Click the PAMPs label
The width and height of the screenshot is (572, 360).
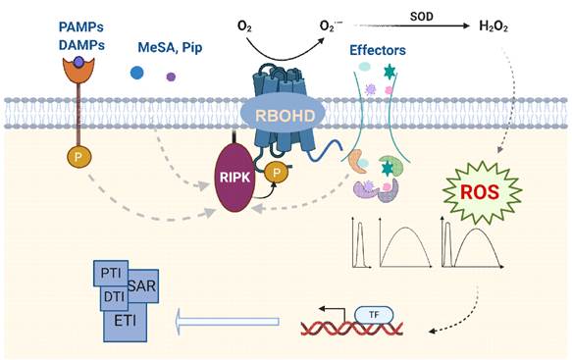pyautogui.click(x=81, y=27)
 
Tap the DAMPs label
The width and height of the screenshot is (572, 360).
pyautogui.click(x=81, y=45)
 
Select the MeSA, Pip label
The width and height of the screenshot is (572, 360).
pyautogui.click(x=170, y=48)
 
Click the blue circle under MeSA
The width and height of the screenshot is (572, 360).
pyautogui.click(x=136, y=73)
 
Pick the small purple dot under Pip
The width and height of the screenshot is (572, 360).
pyautogui.click(x=171, y=77)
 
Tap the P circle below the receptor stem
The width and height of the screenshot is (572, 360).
pyautogui.click(x=78, y=157)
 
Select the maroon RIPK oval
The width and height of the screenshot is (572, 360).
pyautogui.click(x=234, y=178)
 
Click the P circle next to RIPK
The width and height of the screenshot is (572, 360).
pyautogui.click(x=276, y=173)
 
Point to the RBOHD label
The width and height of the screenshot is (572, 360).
pyautogui.click(x=285, y=116)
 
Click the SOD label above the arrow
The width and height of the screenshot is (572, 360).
pyautogui.click(x=421, y=17)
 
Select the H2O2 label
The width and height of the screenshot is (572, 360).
pyautogui.click(x=494, y=26)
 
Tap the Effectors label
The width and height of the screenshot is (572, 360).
pyautogui.click(x=378, y=50)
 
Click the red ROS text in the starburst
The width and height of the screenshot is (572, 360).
pyautogui.click(x=480, y=192)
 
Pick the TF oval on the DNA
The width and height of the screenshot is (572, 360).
pyautogui.click(x=374, y=315)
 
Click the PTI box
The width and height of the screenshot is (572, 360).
pyautogui.click(x=111, y=273)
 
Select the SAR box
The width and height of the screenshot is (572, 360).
pyautogui.click(x=143, y=286)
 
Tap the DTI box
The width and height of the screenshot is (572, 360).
pyautogui.click(x=114, y=297)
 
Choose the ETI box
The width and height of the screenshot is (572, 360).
pyautogui.click(x=126, y=321)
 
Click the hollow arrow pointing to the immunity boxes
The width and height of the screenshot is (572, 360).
pyautogui.click(x=227, y=322)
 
